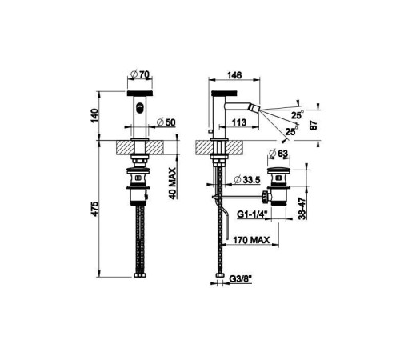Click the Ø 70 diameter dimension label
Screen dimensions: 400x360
pyautogui.click(x=141, y=75)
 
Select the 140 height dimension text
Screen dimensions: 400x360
pyautogui.click(x=94, y=115)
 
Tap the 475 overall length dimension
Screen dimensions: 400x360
pyautogui.click(x=94, y=209)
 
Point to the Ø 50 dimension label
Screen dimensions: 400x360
pyautogui.click(x=166, y=122)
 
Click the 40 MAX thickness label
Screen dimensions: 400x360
pyautogui.click(x=173, y=183)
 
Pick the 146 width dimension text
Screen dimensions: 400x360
pyautogui.click(x=234, y=75)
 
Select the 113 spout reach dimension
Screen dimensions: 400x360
pyautogui.click(x=239, y=122)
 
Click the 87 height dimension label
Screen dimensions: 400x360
pyautogui.click(x=314, y=125)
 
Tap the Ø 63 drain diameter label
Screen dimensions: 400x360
pyautogui.click(x=278, y=154)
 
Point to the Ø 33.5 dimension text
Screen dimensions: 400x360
pyautogui.click(x=246, y=180)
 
